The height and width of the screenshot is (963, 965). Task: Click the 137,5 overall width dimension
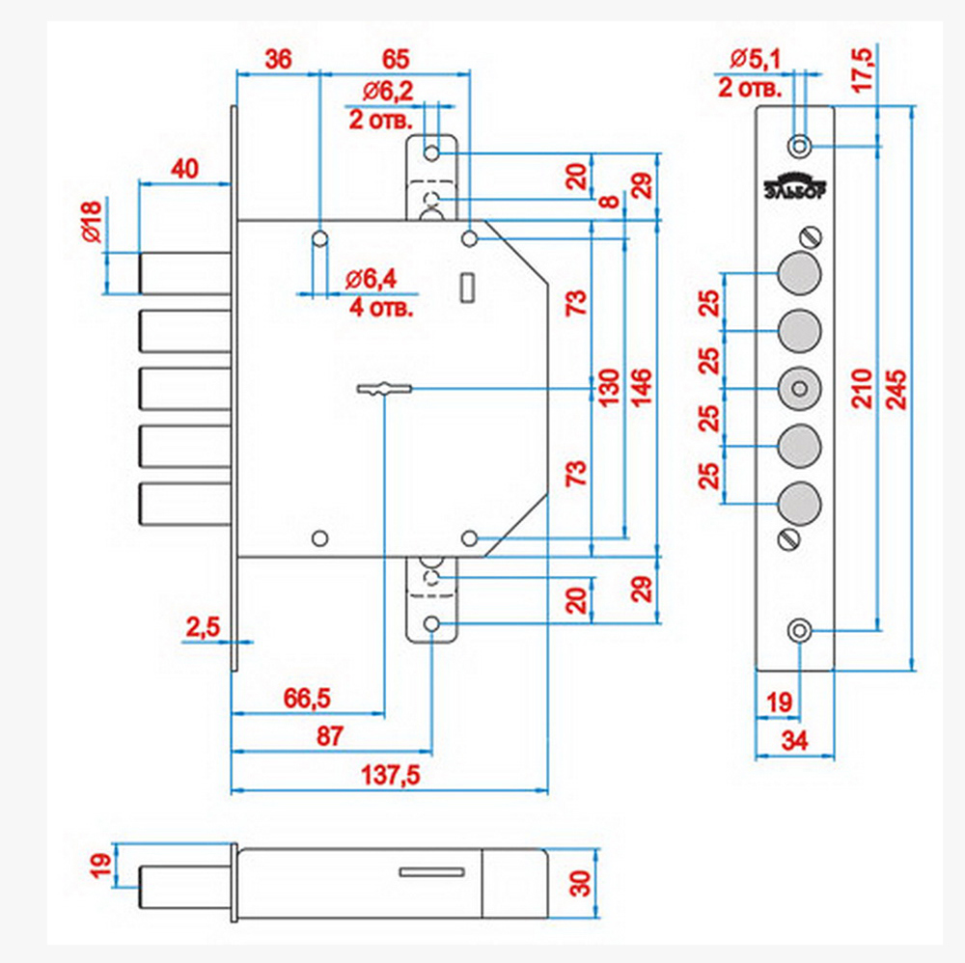(x=390, y=775)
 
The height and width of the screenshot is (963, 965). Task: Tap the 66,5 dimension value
(x=307, y=699)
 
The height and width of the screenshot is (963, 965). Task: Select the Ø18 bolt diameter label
(x=92, y=222)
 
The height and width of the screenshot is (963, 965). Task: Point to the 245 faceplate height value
(x=896, y=389)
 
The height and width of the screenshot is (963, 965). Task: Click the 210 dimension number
(x=863, y=389)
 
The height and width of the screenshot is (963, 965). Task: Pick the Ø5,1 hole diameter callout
(x=756, y=59)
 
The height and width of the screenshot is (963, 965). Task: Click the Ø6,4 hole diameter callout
(x=372, y=280)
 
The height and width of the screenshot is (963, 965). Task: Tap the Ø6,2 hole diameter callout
(x=388, y=92)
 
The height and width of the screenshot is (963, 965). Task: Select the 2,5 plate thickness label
(x=203, y=627)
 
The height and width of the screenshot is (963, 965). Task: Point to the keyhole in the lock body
(x=384, y=389)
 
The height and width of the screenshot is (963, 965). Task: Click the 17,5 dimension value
(x=863, y=70)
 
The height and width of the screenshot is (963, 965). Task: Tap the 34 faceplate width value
(x=794, y=741)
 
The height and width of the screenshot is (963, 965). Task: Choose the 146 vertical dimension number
(x=642, y=388)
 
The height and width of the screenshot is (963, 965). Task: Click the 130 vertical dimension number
(x=609, y=388)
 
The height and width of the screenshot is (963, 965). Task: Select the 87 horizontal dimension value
(x=330, y=736)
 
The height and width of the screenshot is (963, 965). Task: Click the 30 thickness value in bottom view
(x=580, y=883)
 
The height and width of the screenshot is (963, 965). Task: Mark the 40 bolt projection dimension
(x=184, y=169)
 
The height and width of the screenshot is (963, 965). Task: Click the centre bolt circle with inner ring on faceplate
(x=799, y=389)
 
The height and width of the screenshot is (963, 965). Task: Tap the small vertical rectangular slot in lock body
(x=467, y=288)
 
